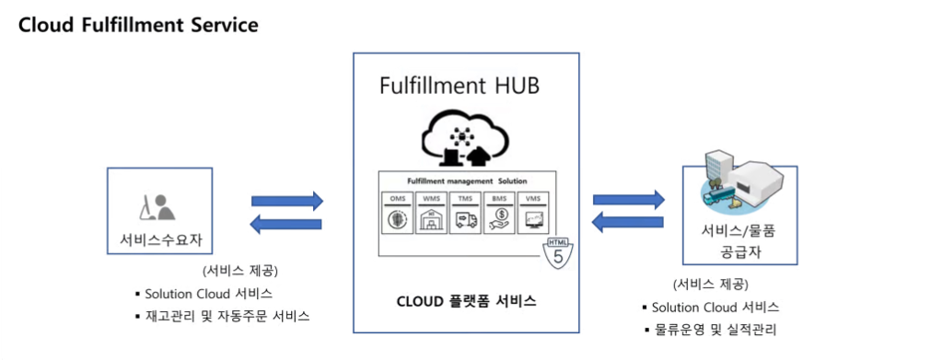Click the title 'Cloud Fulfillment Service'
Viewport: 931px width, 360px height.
click(x=138, y=25)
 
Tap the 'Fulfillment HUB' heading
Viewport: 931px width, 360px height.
click(x=460, y=87)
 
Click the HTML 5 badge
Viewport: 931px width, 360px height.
click(x=559, y=251)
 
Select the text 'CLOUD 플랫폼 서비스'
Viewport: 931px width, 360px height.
click(x=466, y=301)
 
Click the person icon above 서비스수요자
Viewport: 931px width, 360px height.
click(x=156, y=208)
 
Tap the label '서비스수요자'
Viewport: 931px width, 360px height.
click(x=160, y=241)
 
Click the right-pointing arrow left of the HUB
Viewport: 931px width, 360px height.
click(x=287, y=201)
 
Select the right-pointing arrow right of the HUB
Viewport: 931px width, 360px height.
click(x=629, y=199)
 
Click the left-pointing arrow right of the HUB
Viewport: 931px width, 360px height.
click(x=629, y=222)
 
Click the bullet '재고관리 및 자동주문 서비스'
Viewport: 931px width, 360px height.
click(x=227, y=316)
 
